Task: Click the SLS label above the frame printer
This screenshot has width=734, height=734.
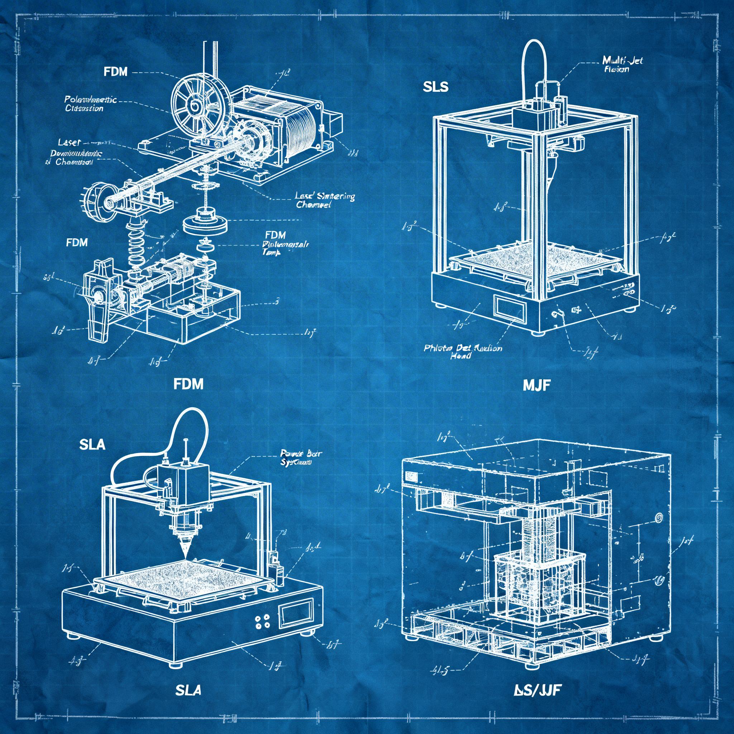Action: [435, 87]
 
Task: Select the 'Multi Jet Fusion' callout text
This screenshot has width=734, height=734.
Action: [622, 65]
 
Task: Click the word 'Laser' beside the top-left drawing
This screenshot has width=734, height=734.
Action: [69, 143]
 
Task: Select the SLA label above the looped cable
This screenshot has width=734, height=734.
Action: [92, 444]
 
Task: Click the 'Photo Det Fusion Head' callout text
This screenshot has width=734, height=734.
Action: [463, 352]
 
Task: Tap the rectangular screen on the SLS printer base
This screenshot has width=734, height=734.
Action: [510, 306]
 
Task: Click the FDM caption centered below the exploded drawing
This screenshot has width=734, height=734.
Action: [189, 384]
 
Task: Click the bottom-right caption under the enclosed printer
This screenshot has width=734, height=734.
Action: [536, 690]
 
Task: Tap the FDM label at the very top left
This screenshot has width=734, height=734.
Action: [115, 72]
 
